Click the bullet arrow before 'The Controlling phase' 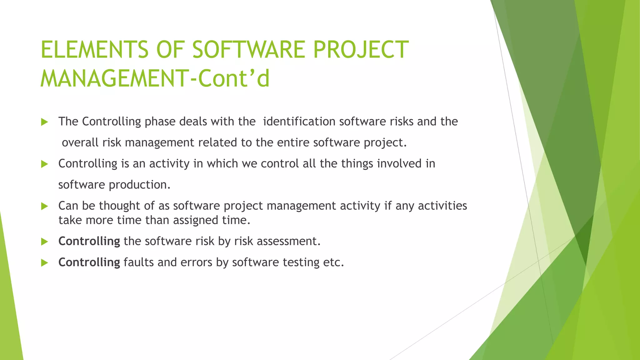click(x=44, y=122)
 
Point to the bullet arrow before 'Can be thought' click(x=44, y=206)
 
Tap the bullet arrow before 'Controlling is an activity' click(x=44, y=164)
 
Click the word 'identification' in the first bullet click(x=299, y=121)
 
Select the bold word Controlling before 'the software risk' click(x=89, y=241)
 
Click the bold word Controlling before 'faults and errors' click(x=89, y=262)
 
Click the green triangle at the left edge click(x=9, y=312)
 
